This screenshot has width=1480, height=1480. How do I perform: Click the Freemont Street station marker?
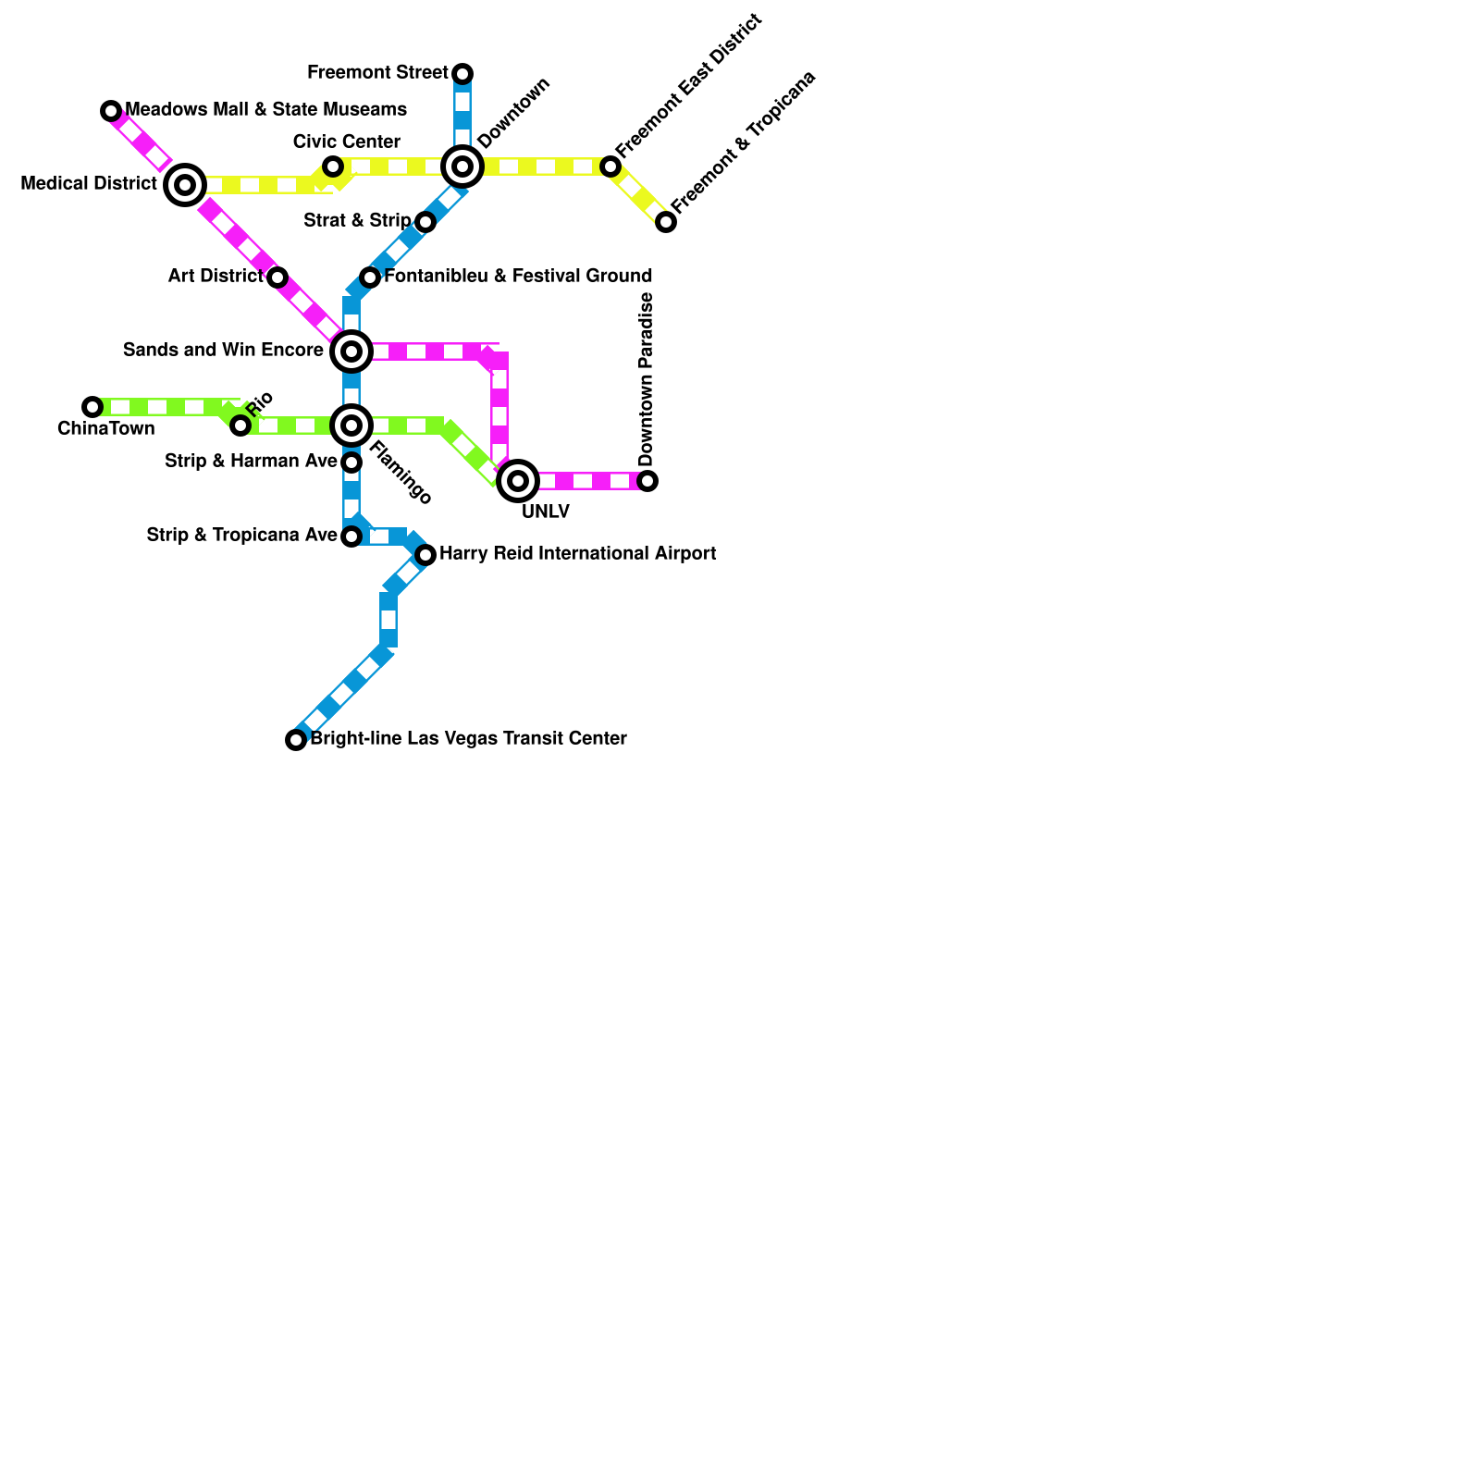coord(462,74)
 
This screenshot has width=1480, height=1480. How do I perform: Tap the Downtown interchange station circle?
coord(462,166)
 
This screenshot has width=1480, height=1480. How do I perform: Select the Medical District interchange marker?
coord(185,185)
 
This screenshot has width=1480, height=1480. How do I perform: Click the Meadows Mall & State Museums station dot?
coord(111,111)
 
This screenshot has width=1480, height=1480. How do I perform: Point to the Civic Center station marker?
coord(333,166)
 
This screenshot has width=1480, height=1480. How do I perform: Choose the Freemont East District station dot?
coord(610,166)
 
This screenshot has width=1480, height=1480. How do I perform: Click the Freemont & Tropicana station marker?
coord(666,222)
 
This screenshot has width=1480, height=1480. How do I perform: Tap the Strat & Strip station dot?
coord(425,222)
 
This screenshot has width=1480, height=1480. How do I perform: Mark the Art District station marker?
coord(277,277)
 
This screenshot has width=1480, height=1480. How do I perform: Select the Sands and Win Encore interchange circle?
coord(351,351)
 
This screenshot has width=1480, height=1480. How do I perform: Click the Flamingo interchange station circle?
coord(351,425)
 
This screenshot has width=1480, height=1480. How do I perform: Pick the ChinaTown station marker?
coord(92,407)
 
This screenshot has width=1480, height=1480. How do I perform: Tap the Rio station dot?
coord(240,425)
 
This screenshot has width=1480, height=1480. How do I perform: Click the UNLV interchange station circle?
coord(518,481)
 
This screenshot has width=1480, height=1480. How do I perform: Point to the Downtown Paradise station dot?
coord(647,481)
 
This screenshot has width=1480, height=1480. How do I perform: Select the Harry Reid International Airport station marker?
coord(425,555)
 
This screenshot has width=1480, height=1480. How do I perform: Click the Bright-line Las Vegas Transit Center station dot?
coord(296,740)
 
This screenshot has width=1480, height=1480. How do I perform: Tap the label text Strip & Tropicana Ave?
coord(242,536)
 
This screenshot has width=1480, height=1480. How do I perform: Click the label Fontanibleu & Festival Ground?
coord(518,276)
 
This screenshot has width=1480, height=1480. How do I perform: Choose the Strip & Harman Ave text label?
coord(251,462)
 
